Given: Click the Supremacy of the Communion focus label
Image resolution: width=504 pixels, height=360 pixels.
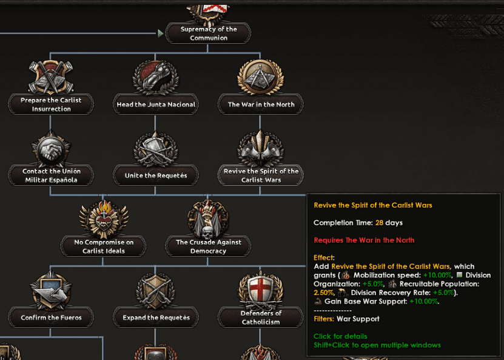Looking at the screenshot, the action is pyautogui.click(x=208, y=33).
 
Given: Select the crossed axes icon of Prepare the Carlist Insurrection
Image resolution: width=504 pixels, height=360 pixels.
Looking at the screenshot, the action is pyautogui.click(x=51, y=77).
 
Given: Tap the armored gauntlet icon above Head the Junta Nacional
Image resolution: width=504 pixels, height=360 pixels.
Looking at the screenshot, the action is pyautogui.click(x=156, y=78).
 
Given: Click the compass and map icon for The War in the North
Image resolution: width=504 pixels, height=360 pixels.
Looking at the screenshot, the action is pyautogui.click(x=260, y=77).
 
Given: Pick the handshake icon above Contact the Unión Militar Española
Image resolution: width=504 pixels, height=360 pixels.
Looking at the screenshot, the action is pyautogui.click(x=51, y=149).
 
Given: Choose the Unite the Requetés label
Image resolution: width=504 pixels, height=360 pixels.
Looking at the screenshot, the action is pyautogui.click(x=156, y=175).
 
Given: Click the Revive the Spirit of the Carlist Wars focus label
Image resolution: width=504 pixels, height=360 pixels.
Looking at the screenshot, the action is pyautogui.click(x=261, y=175).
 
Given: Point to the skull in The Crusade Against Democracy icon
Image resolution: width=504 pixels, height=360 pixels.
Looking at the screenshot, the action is pyautogui.click(x=208, y=232).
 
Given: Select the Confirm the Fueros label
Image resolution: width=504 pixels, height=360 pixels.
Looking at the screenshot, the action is pyautogui.click(x=51, y=318).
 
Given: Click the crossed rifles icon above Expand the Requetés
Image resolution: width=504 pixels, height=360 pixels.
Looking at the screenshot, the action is pyautogui.click(x=156, y=292).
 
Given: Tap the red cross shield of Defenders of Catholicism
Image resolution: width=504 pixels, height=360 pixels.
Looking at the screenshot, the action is pyautogui.click(x=260, y=290).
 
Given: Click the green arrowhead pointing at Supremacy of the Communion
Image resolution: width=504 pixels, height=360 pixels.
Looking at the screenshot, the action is pyautogui.click(x=161, y=33).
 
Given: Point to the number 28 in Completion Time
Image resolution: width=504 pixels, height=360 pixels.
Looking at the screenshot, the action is pyautogui.click(x=379, y=223).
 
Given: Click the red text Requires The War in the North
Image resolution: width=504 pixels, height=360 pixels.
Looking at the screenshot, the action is pyautogui.click(x=364, y=240).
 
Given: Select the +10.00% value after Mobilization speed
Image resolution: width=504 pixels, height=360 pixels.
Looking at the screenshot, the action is pyautogui.click(x=437, y=275).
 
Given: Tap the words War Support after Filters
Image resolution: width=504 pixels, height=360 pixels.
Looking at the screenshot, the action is pyautogui.click(x=358, y=319).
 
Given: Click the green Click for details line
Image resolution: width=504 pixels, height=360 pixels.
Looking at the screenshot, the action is pyautogui.click(x=340, y=336).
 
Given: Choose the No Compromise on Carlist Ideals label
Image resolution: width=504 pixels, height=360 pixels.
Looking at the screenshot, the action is pyautogui.click(x=104, y=246).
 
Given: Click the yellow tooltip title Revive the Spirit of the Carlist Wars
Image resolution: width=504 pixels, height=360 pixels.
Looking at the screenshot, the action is pyautogui.click(x=373, y=205).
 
